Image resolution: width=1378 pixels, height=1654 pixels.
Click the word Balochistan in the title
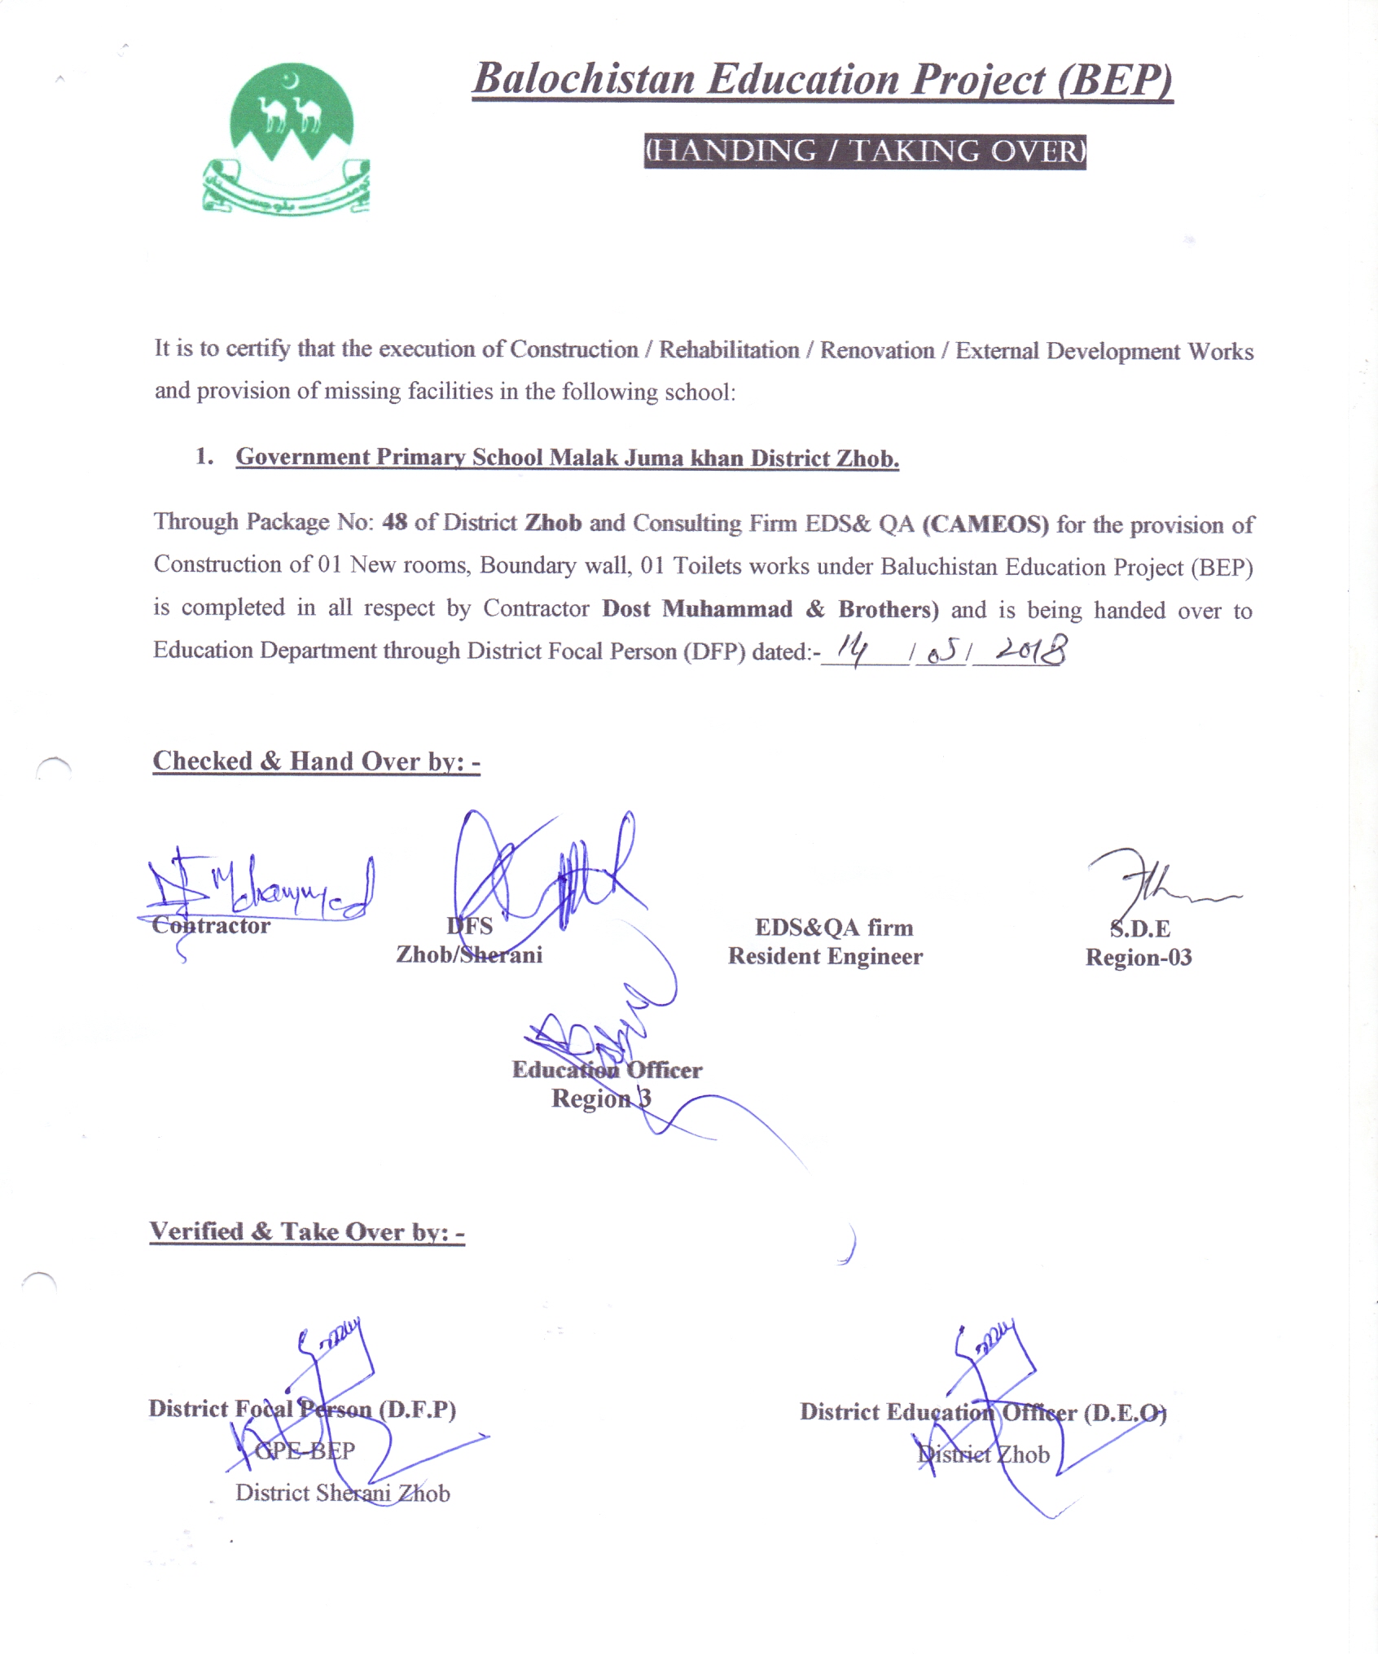point(584,80)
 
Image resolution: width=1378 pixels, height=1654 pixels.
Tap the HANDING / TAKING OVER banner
point(865,151)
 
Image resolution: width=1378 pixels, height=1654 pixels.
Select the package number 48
point(394,522)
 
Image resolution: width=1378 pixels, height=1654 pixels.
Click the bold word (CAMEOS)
point(985,524)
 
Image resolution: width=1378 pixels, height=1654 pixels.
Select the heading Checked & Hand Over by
point(316,761)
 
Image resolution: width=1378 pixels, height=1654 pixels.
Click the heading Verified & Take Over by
point(307,1231)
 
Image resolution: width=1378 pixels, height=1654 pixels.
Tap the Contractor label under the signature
point(211,926)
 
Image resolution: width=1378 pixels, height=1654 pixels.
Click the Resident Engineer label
point(825,956)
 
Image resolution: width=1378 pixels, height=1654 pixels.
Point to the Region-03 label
point(1139,958)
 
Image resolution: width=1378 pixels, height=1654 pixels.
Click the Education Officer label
point(607,1070)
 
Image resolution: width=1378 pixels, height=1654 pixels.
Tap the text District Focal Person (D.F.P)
point(302,1409)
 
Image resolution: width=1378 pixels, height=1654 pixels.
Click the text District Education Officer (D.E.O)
point(983,1412)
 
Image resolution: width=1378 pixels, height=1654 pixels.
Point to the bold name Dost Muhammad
point(697,609)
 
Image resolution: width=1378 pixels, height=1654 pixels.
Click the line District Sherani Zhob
point(343,1493)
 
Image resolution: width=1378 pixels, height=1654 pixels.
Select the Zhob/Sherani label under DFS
point(469,954)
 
